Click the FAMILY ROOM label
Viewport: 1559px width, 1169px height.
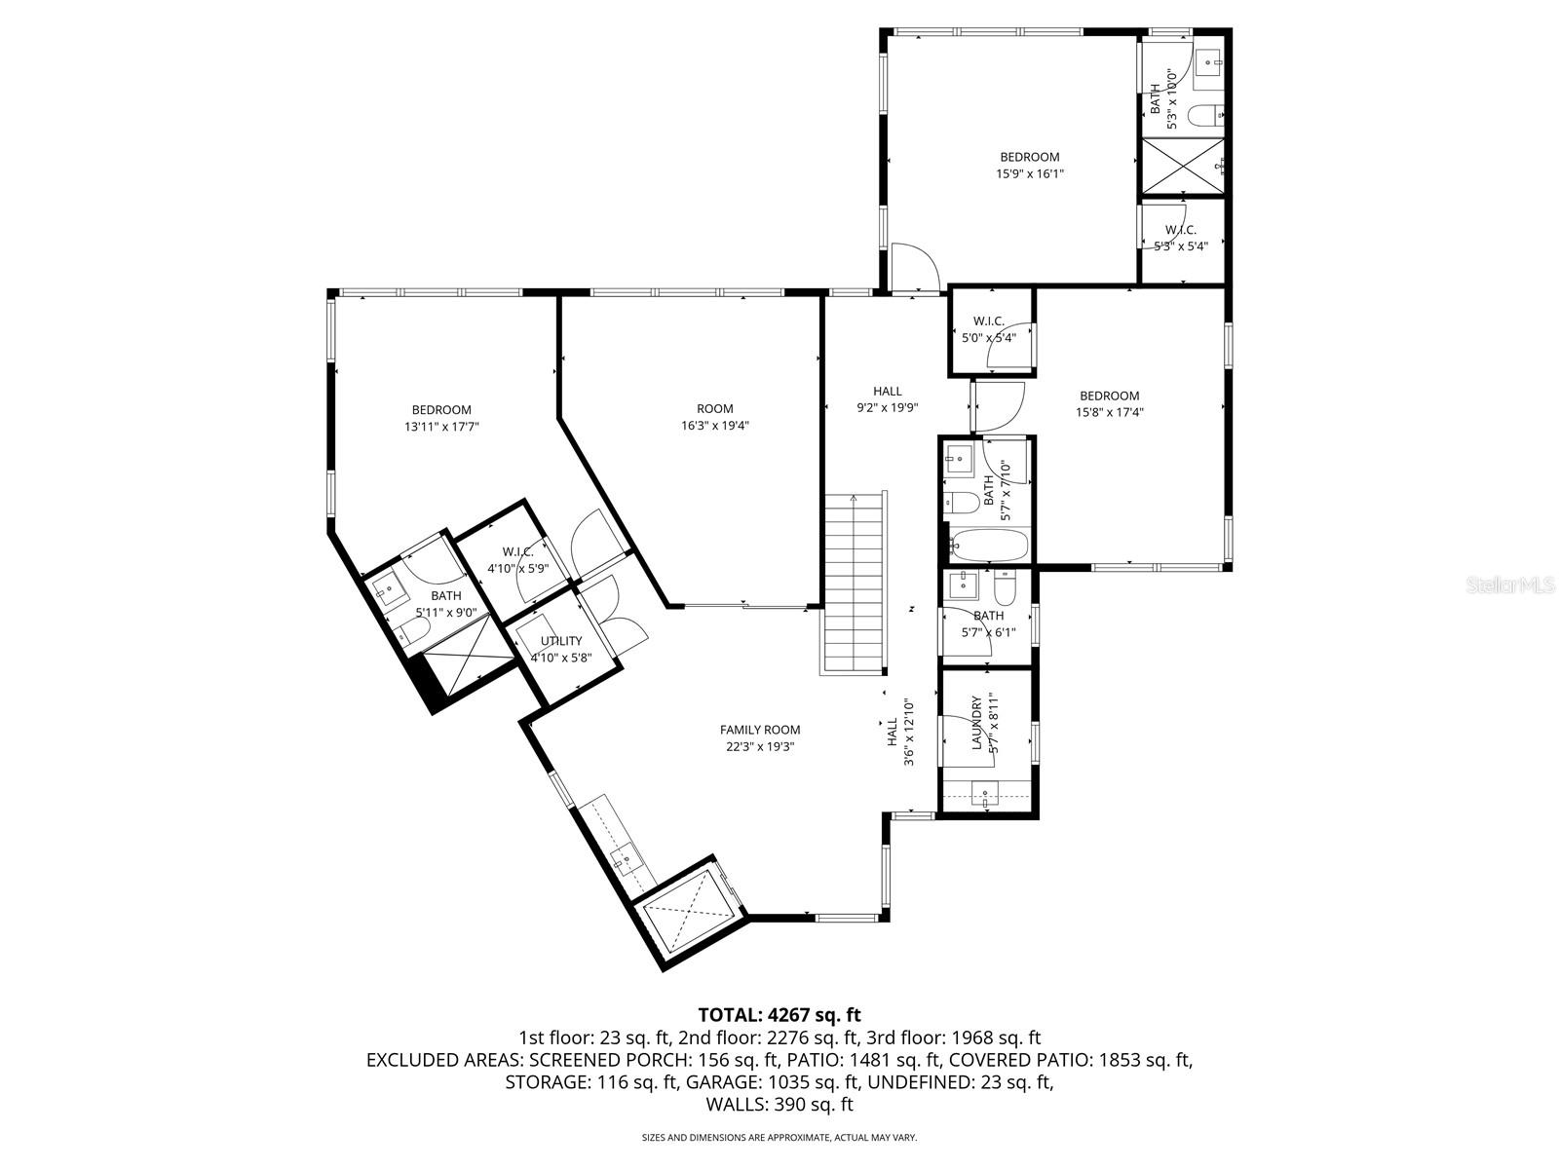click(759, 730)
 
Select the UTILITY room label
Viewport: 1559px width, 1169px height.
click(561, 641)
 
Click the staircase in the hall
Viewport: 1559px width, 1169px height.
click(855, 584)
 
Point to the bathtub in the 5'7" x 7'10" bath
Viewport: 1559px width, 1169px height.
click(988, 545)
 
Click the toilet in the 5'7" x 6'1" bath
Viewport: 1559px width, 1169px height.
click(1007, 586)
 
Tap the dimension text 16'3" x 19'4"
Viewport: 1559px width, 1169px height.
click(714, 426)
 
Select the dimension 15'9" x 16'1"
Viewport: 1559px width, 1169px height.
click(1029, 174)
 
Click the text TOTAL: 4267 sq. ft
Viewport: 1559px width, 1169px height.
click(779, 1015)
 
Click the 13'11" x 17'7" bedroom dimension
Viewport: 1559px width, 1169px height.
click(441, 427)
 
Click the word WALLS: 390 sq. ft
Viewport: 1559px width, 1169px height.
click(779, 1105)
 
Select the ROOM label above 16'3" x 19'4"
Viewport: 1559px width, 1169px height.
click(714, 409)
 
